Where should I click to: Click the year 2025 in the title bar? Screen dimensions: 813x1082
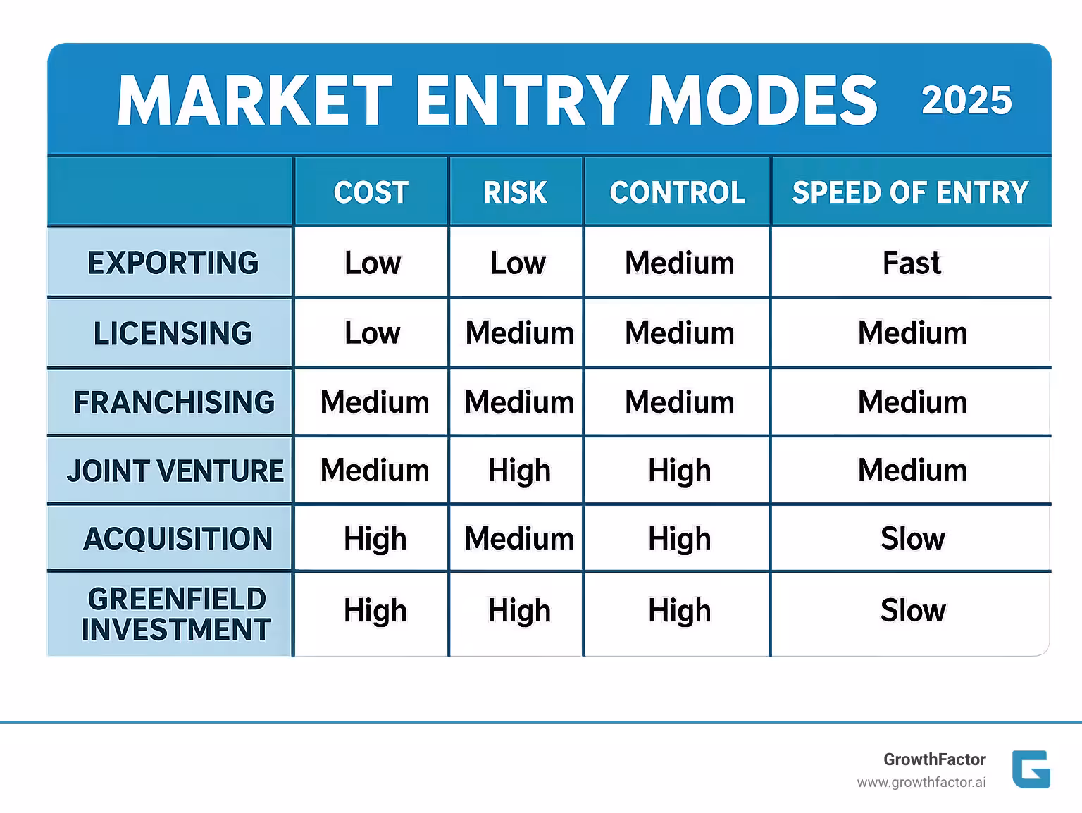pyautogui.click(x=966, y=100)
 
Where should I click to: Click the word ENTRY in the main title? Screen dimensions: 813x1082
pyautogui.click(x=521, y=101)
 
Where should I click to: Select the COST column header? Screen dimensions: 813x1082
pyautogui.click(x=371, y=192)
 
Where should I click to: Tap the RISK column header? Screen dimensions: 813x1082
pyautogui.click(x=515, y=192)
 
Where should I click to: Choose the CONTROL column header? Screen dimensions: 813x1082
pyautogui.click(x=677, y=192)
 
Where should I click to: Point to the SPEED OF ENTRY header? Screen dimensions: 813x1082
pyautogui.click(x=910, y=192)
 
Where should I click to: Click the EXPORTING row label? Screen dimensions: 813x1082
pyautogui.click(x=173, y=263)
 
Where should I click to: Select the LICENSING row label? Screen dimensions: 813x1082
pyautogui.click(x=173, y=333)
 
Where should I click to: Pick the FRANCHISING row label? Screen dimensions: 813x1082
pyautogui.click(x=174, y=402)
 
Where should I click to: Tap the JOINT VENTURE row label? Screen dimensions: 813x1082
pyautogui.click(x=175, y=471)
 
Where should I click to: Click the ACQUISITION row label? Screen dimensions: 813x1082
pyautogui.click(x=178, y=539)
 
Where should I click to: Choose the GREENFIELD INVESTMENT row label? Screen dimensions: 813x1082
pyautogui.click(x=175, y=614)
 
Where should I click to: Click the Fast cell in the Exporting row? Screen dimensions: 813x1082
pyautogui.click(x=912, y=263)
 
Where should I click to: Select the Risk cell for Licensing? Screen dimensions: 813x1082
pyautogui.click(x=519, y=333)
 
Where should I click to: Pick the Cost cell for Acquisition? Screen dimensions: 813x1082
pyautogui.click(x=375, y=539)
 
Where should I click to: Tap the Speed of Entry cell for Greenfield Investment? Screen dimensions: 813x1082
pyautogui.click(x=912, y=610)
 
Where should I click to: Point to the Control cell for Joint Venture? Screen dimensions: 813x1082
pyautogui.click(x=679, y=471)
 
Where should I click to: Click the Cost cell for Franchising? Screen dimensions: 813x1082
pyautogui.click(x=375, y=402)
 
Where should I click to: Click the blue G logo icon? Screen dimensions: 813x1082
pyautogui.click(x=1031, y=769)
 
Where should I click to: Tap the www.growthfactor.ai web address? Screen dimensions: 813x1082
pyautogui.click(x=921, y=783)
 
